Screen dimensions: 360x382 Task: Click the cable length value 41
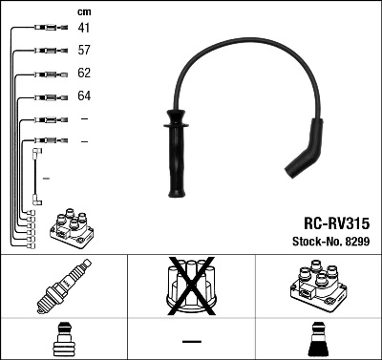[x=84, y=29]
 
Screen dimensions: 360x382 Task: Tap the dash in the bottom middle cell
[x=191, y=341]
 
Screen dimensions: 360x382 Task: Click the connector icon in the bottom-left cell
[x=63, y=341]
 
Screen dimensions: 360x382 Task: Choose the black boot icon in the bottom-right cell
[x=318, y=341]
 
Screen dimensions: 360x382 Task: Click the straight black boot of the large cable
[x=176, y=153]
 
